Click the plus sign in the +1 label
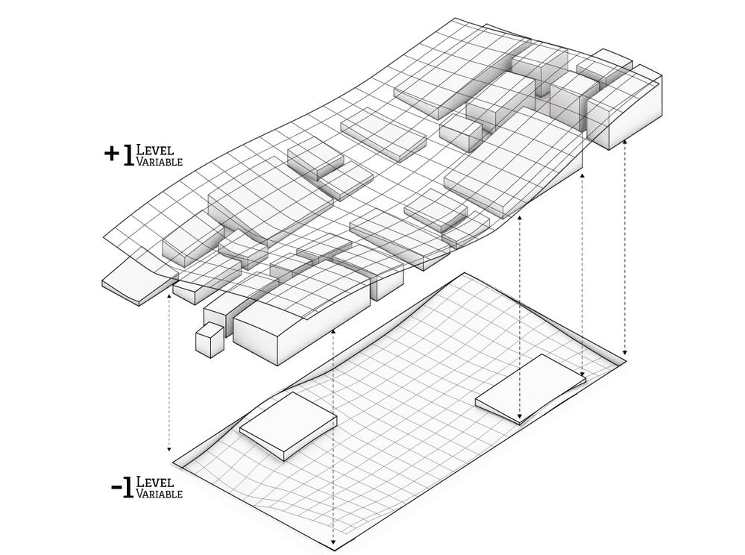[x=112, y=154]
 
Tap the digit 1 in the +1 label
[x=128, y=155]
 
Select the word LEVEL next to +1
[x=154, y=150]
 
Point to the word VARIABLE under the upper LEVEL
[x=159, y=162]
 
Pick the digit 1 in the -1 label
[x=128, y=488]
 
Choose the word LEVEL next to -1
[x=154, y=482]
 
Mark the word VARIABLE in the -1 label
[x=159, y=494]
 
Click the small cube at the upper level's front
[x=210, y=339]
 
